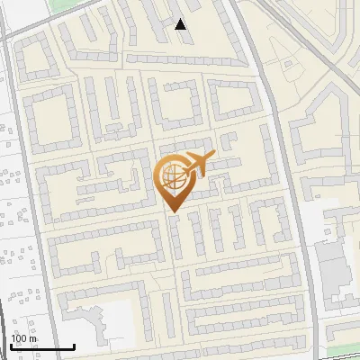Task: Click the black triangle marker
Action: pyautogui.click(x=181, y=24)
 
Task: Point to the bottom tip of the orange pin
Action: pyautogui.click(x=171, y=212)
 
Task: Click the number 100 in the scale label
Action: pyautogui.click(x=18, y=338)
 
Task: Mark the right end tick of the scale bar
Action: pyautogui.click(x=74, y=346)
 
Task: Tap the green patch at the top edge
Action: pyautogui.click(x=62, y=4)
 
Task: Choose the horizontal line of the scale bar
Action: pyautogui.click(x=40, y=346)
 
